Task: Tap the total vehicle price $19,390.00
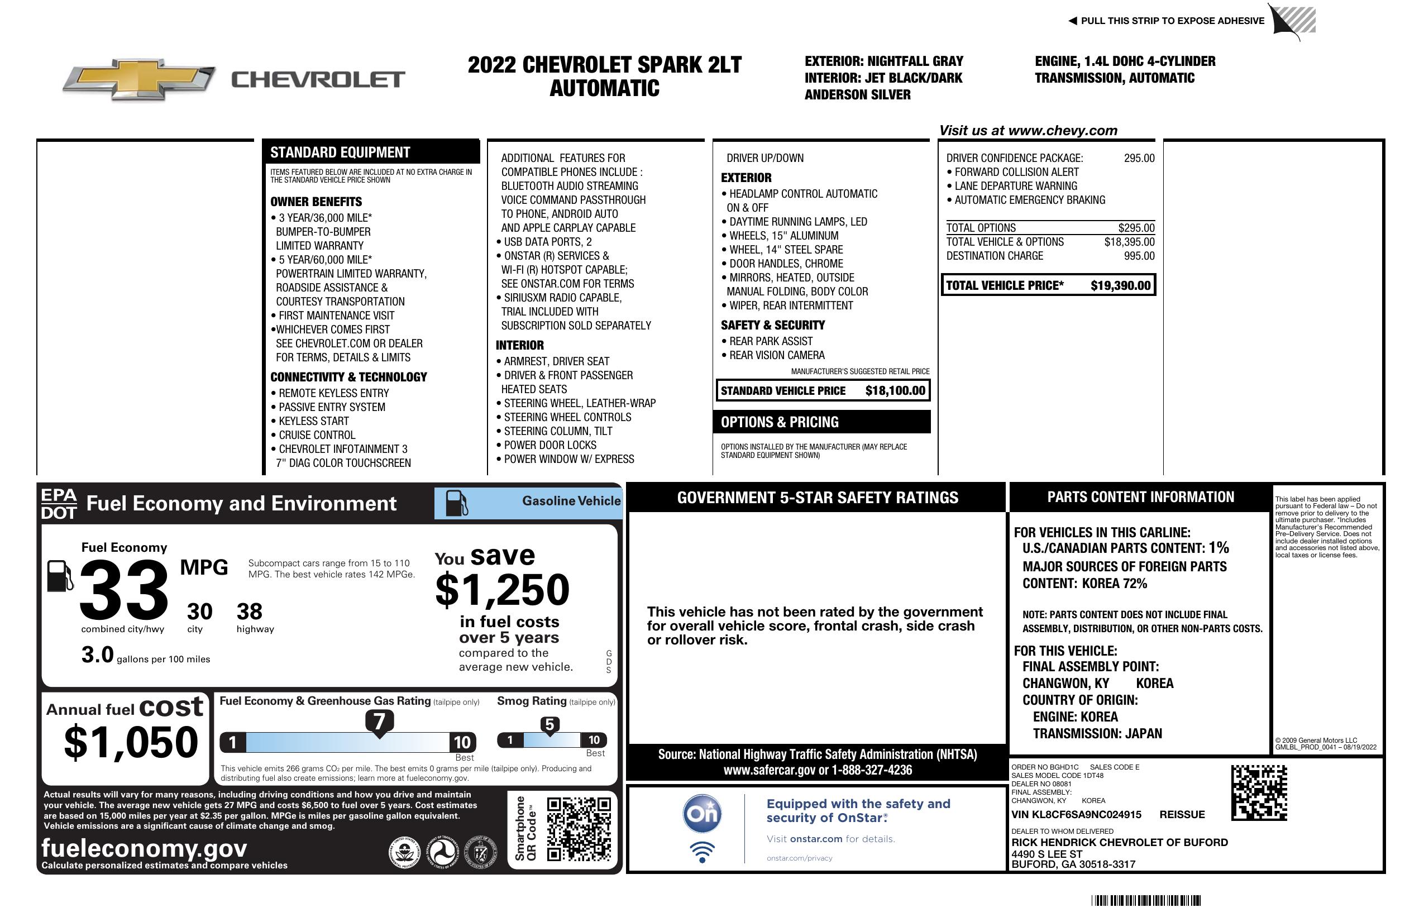1120,285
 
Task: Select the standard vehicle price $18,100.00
895,391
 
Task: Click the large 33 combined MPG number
124,590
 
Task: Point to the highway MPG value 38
250,612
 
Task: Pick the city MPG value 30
199,612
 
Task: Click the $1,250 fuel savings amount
503,590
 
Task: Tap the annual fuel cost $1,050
131,742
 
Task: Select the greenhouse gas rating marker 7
379,722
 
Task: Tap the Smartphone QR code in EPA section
579,829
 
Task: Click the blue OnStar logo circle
702,813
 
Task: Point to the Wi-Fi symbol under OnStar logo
702,852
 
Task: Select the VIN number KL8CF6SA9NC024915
1076,814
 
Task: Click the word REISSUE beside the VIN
1182,814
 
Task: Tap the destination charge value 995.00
1139,256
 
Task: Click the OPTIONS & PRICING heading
779,422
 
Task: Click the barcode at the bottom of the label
1146,900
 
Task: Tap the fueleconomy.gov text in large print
144,848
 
